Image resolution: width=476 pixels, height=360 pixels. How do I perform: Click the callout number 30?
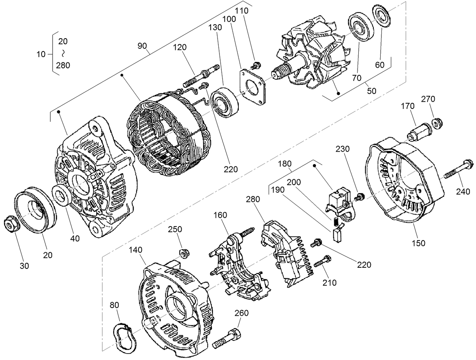coord(24,266)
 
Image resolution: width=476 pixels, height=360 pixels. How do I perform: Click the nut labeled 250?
coord(184,253)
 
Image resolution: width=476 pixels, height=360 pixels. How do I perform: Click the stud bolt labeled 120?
coord(201,76)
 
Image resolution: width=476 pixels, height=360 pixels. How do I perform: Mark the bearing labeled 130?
coord(224,101)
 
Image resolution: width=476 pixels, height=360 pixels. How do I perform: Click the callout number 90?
coord(142,46)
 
